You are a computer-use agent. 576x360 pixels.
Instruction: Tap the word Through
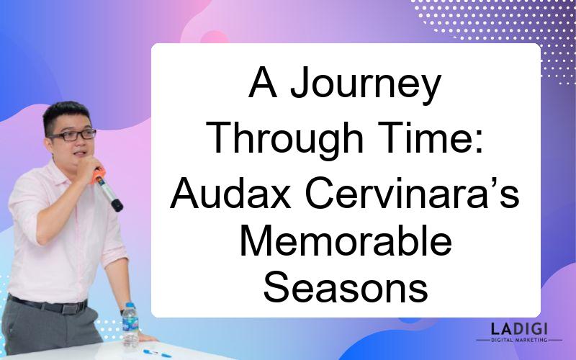pos(284,139)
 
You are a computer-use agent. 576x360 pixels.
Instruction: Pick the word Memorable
pos(346,240)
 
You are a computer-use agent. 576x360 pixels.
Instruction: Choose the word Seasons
pos(346,287)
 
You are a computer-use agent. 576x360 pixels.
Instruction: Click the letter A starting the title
pos(262,82)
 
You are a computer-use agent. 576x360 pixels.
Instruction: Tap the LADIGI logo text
pos(519,328)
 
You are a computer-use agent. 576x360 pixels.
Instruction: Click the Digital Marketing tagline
pos(519,340)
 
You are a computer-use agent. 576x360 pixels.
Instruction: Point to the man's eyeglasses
pos(73,135)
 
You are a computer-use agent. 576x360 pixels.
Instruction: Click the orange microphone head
pos(98,175)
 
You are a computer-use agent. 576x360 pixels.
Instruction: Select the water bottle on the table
pos(130,325)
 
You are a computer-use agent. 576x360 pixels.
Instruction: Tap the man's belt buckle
pos(70,308)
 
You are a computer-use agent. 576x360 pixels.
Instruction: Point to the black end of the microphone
pos(117,205)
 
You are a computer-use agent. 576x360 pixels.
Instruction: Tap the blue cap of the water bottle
pos(130,305)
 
